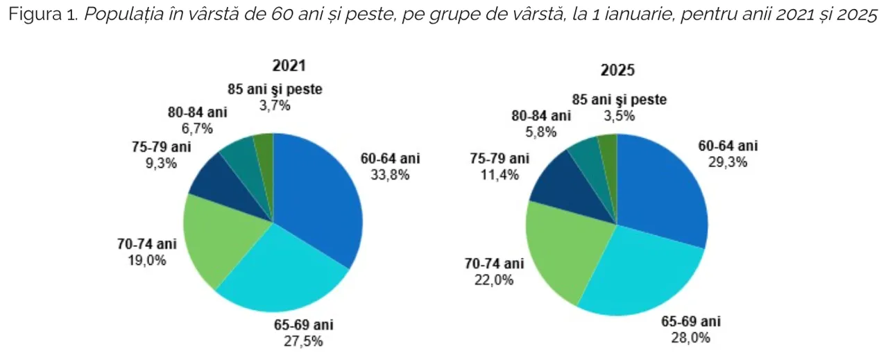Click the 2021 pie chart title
coord(289,66)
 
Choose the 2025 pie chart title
coord(618,70)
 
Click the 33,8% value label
coord(390,174)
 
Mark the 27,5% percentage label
coord(302,341)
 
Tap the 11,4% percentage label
coord(498,174)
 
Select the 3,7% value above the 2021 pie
coord(275,105)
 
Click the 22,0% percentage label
coord(493,280)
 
